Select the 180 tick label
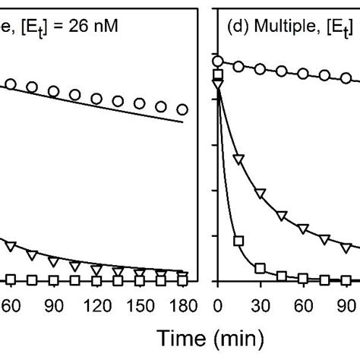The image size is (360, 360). pos(182,304)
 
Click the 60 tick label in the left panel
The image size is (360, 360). pos(11,304)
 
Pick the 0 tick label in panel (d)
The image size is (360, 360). pos(218,304)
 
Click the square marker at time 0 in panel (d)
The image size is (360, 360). pos(218,74)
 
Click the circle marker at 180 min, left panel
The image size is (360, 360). pos(182,109)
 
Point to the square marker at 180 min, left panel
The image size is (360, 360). pos(182,281)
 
